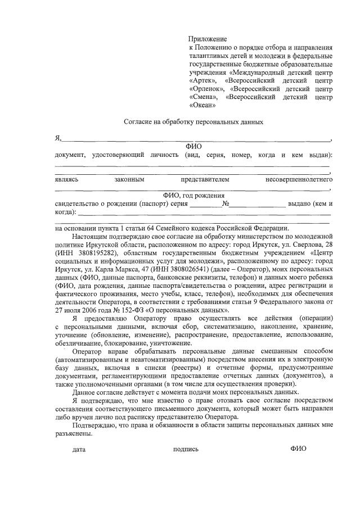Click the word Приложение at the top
pos(208,39)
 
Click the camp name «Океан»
pos(203,105)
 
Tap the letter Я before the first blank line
pos(57,138)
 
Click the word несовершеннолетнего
pos(299,179)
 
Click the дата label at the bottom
pos(79,449)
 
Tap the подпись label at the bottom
pos(186,449)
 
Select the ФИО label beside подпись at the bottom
pos(298,448)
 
